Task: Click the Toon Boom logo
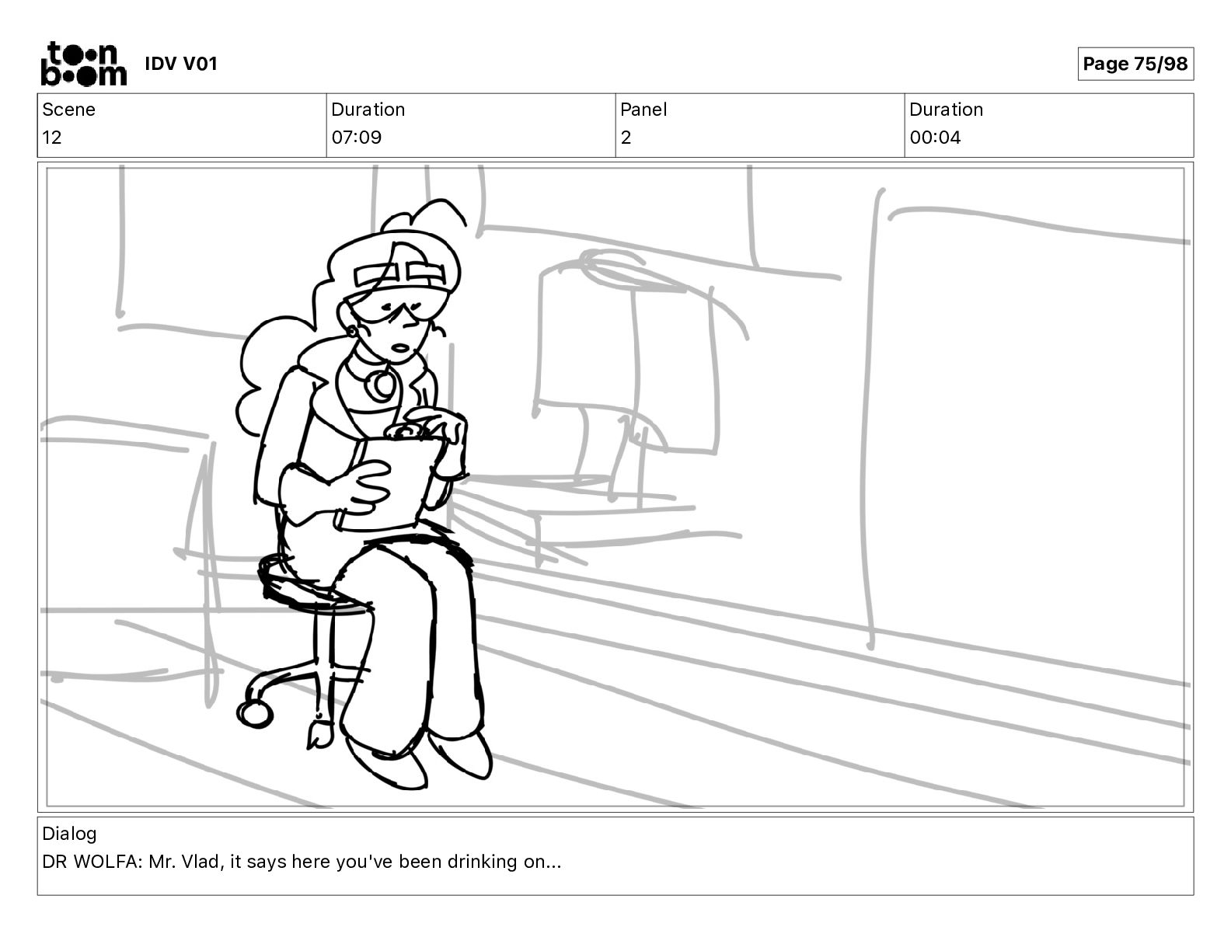84,64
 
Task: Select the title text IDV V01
181,64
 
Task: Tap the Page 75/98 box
1135,64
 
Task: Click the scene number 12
51,138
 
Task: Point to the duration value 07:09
357,138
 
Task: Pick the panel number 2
626,138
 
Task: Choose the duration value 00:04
935,138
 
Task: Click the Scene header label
68,110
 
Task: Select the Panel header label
643,110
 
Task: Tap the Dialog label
69,834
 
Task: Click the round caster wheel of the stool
254,714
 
